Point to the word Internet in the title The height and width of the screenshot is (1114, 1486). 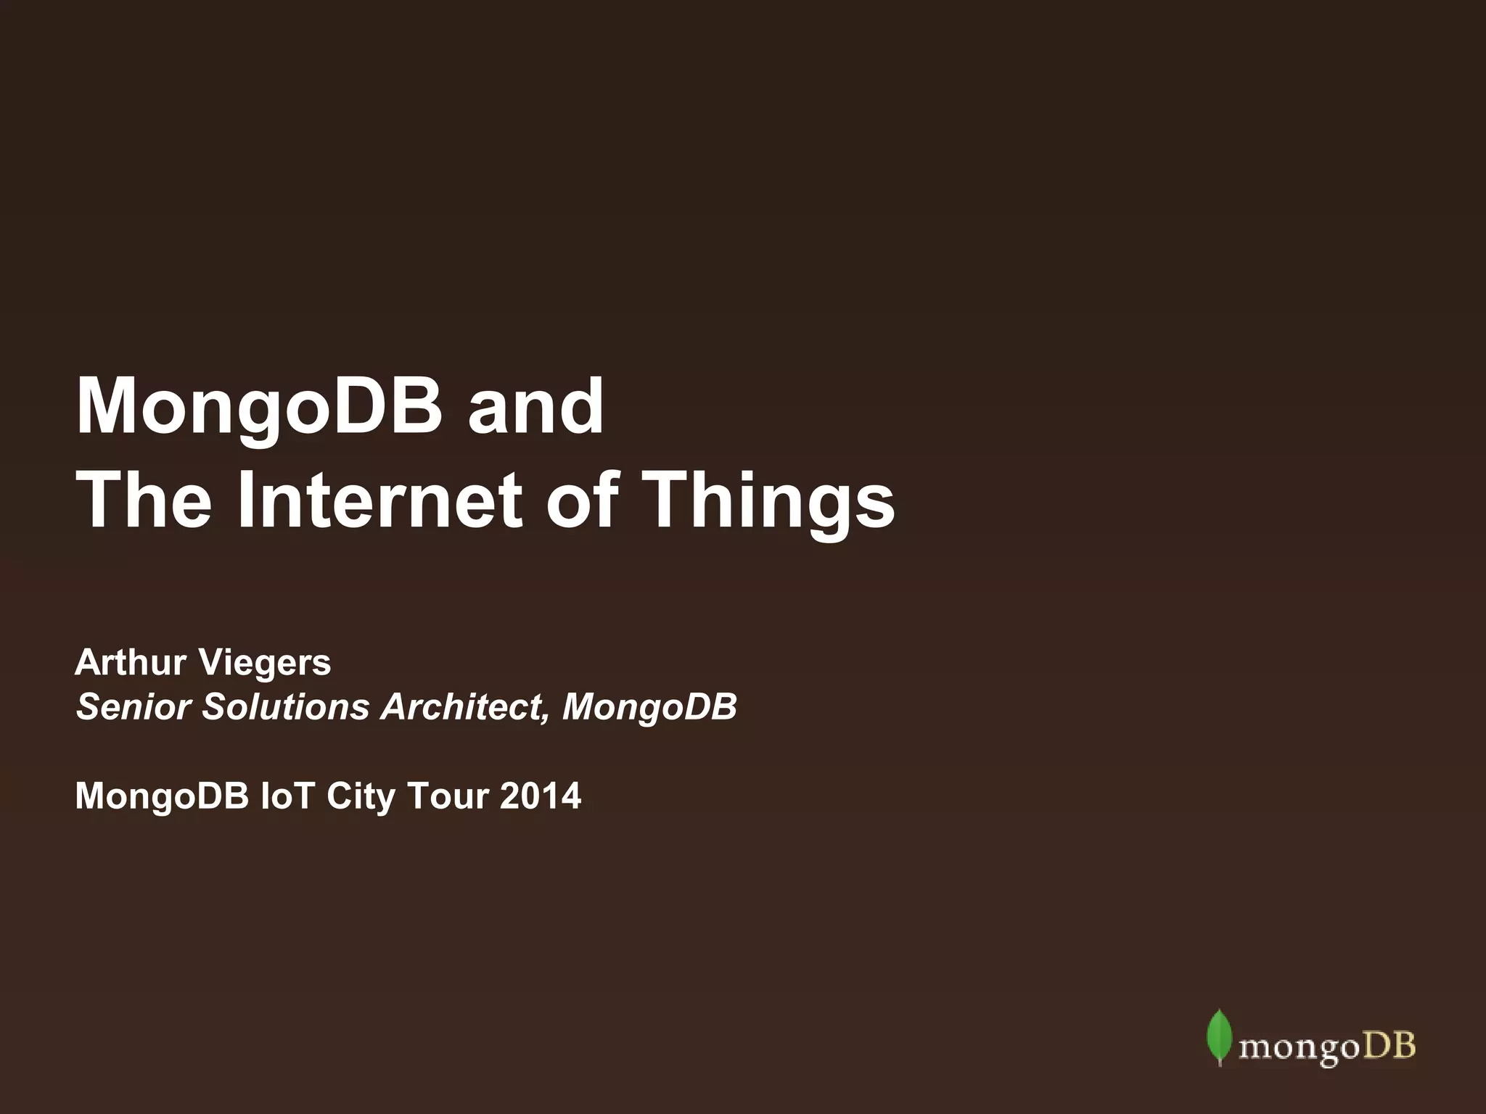pos(379,500)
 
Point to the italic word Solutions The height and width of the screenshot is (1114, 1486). pos(286,706)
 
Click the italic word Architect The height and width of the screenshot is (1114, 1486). pos(465,706)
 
